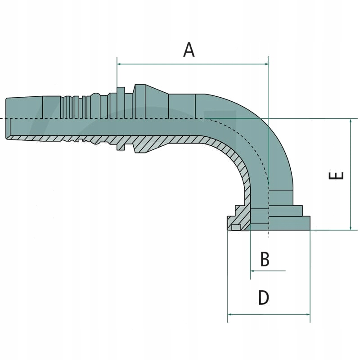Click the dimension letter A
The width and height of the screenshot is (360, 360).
pyautogui.click(x=189, y=49)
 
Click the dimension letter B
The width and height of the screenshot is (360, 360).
pyautogui.click(x=265, y=259)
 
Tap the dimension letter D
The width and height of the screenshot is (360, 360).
pyautogui.click(x=264, y=298)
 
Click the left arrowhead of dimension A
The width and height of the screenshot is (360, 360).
pyautogui.click(x=119, y=64)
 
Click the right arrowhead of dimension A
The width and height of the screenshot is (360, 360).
pyautogui.click(x=266, y=64)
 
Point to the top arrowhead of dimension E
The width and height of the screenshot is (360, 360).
pyautogui.click(x=351, y=121)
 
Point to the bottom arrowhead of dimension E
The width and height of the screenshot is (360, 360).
pyautogui.click(x=351, y=227)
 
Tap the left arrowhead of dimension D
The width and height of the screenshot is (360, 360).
pyautogui.click(x=230, y=314)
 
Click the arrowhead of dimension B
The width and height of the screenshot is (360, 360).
pyautogui.click(x=253, y=271)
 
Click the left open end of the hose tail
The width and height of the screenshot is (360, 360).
pyautogui.click(x=7, y=118)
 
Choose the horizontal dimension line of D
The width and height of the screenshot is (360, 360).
pyautogui.click(x=269, y=314)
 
